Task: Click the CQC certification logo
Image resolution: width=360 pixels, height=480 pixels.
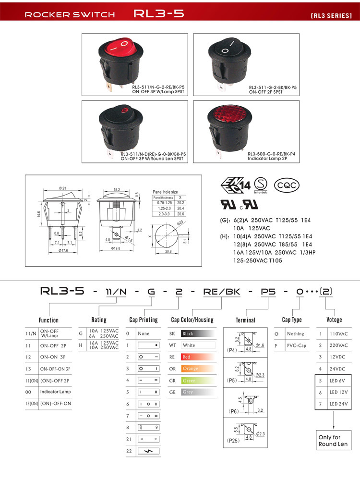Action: click(x=287, y=185)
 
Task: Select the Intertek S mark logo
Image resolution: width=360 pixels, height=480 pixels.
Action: click(x=261, y=184)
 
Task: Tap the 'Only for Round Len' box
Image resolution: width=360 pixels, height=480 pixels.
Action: click(x=333, y=441)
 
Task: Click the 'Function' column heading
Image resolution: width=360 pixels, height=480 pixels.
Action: click(x=48, y=320)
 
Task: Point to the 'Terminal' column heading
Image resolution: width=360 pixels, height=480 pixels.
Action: click(x=245, y=320)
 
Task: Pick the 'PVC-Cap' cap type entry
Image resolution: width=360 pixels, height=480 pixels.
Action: click(x=296, y=345)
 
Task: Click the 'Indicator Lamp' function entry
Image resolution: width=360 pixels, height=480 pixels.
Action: click(x=55, y=392)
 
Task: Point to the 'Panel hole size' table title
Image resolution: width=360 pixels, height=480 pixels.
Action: click(x=165, y=191)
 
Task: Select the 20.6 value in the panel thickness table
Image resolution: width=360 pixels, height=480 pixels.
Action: click(x=181, y=214)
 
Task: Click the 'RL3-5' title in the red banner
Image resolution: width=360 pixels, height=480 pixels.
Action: click(x=159, y=14)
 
